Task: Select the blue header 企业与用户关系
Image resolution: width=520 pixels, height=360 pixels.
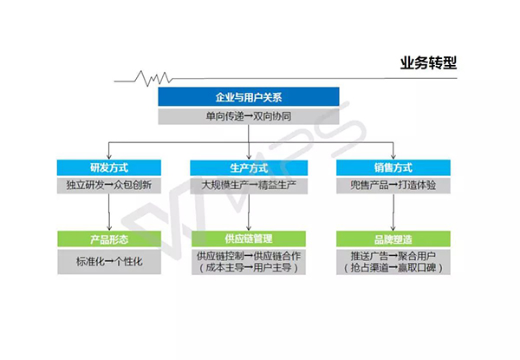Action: [x=248, y=97]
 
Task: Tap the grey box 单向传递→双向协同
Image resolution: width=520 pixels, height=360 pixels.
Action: [x=248, y=115]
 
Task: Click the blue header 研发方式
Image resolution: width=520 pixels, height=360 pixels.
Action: [x=108, y=167]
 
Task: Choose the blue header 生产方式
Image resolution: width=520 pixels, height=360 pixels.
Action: [x=249, y=167]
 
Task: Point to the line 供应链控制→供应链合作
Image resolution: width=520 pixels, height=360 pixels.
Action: [x=249, y=257]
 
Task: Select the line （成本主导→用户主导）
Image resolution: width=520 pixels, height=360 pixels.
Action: [x=249, y=269]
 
